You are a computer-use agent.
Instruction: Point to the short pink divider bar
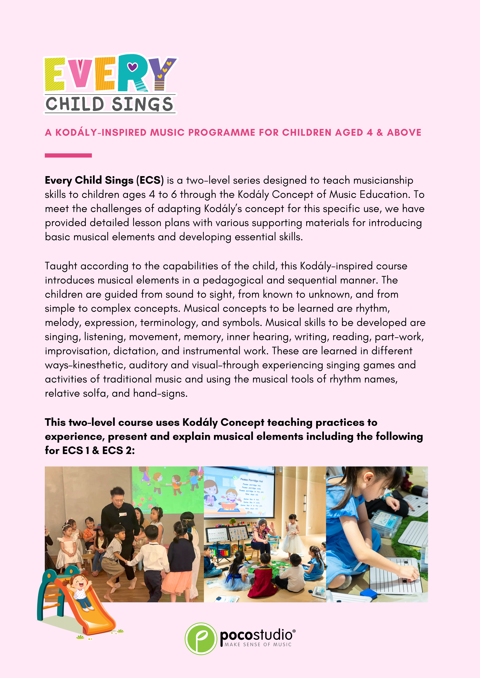68,155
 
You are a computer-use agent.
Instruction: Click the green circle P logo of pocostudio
201,638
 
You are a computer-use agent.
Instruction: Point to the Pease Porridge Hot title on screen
251,480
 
